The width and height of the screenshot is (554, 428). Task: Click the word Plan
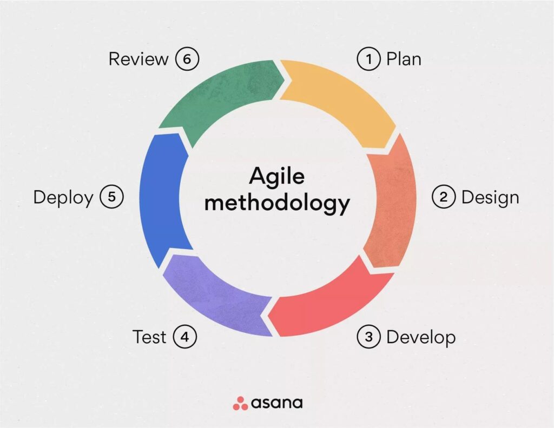tap(404, 59)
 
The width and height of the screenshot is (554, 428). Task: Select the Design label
tap(490, 197)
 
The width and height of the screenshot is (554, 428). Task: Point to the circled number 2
tap(443, 197)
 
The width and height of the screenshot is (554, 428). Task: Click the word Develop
tap(421, 337)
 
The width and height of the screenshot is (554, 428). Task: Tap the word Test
tap(149, 337)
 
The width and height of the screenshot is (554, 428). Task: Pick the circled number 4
tap(185, 337)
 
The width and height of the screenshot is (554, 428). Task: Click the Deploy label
tap(63, 197)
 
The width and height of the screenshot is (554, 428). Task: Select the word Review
tap(138, 59)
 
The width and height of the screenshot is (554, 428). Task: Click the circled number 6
tap(187, 59)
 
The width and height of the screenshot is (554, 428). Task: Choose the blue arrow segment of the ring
tap(162, 200)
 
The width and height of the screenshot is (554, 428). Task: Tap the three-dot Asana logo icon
tap(240, 403)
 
